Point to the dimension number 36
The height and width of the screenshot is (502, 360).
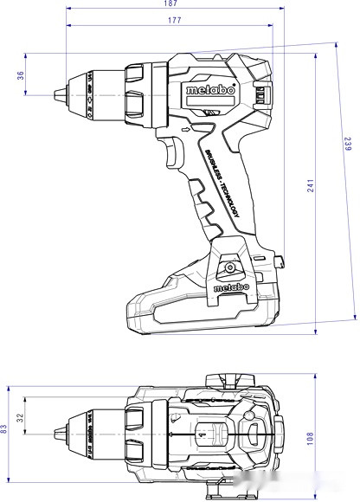point(19,75)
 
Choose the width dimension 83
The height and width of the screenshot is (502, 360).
point(4,428)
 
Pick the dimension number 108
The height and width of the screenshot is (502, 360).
point(311,440)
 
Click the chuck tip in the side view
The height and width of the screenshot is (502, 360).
point(58,92)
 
